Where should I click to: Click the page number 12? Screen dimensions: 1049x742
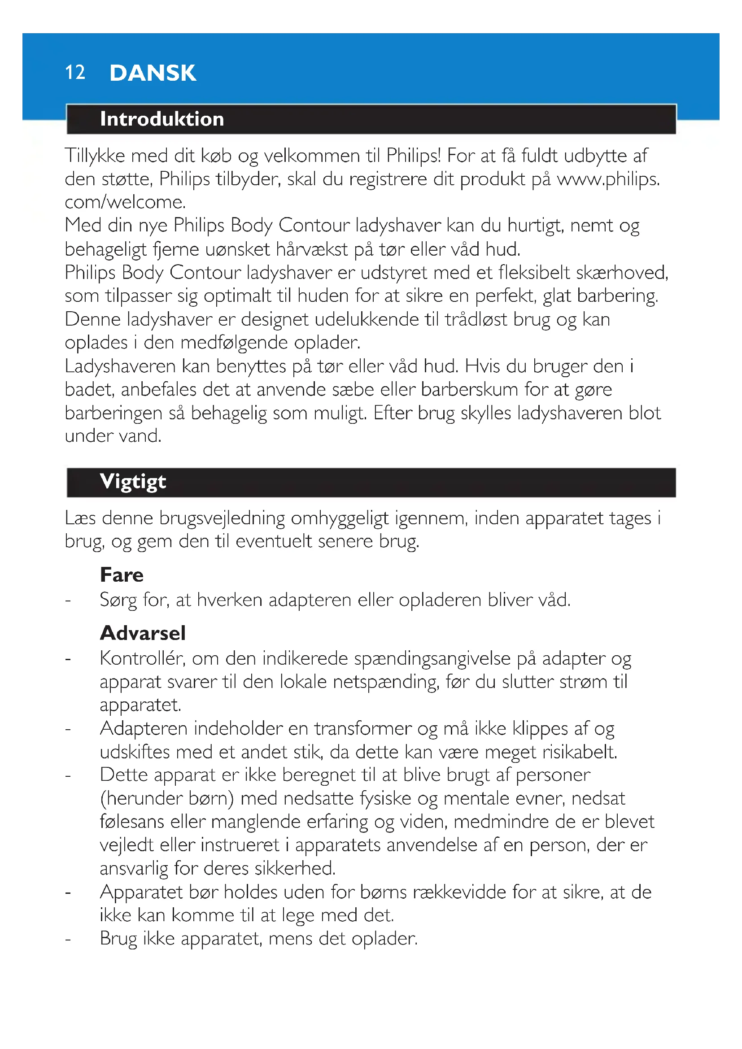75,73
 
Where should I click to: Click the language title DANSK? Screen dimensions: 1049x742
153,73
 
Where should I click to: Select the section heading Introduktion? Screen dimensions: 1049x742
162,119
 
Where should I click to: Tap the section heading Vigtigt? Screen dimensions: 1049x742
133,482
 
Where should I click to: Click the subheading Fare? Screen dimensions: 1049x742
122,575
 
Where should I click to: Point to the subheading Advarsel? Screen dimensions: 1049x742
143,633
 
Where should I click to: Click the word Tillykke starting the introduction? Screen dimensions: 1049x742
95,156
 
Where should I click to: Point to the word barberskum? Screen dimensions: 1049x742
469,390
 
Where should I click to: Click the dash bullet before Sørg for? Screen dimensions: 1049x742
68,601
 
